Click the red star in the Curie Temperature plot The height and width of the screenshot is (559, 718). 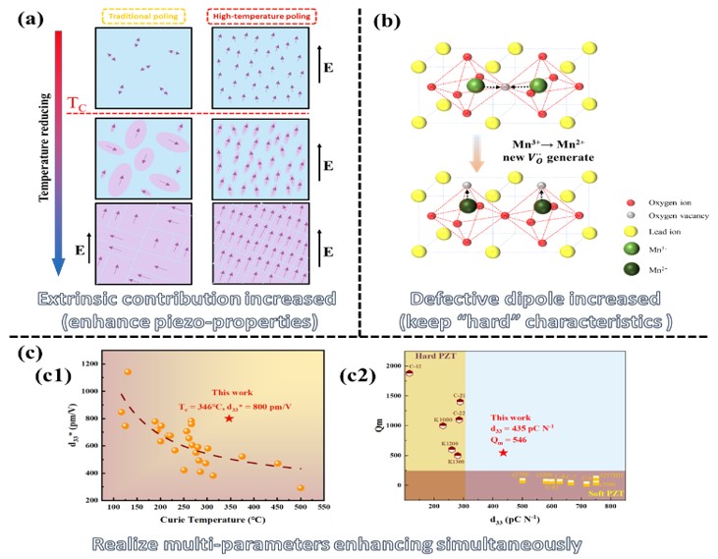coord(229,419)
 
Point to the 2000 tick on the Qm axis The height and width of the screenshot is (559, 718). coord(394,365)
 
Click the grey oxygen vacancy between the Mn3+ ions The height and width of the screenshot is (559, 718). coord(505,88)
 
